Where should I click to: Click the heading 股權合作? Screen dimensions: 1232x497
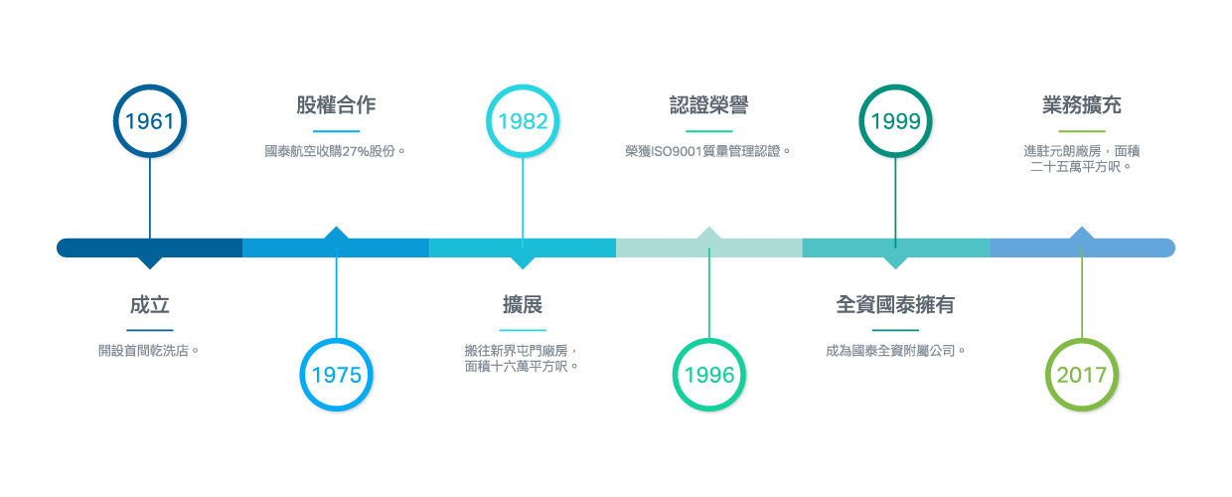336,104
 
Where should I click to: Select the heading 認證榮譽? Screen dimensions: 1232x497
709,104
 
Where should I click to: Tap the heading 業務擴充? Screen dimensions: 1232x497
1082,104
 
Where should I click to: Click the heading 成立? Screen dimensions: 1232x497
150,304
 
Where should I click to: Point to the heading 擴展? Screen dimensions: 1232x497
523,304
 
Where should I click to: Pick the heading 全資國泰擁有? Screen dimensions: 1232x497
895,304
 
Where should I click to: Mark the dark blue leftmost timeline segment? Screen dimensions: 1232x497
150,248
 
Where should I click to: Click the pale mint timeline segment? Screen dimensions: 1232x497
709,248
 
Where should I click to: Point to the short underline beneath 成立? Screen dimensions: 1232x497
150,330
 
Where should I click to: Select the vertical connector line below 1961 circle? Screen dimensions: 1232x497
150,198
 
